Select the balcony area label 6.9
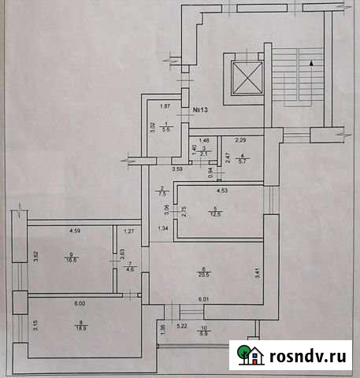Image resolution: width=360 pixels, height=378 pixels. click(x=203, y=334)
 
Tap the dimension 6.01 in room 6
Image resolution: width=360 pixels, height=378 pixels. click(x=205, y=298)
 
